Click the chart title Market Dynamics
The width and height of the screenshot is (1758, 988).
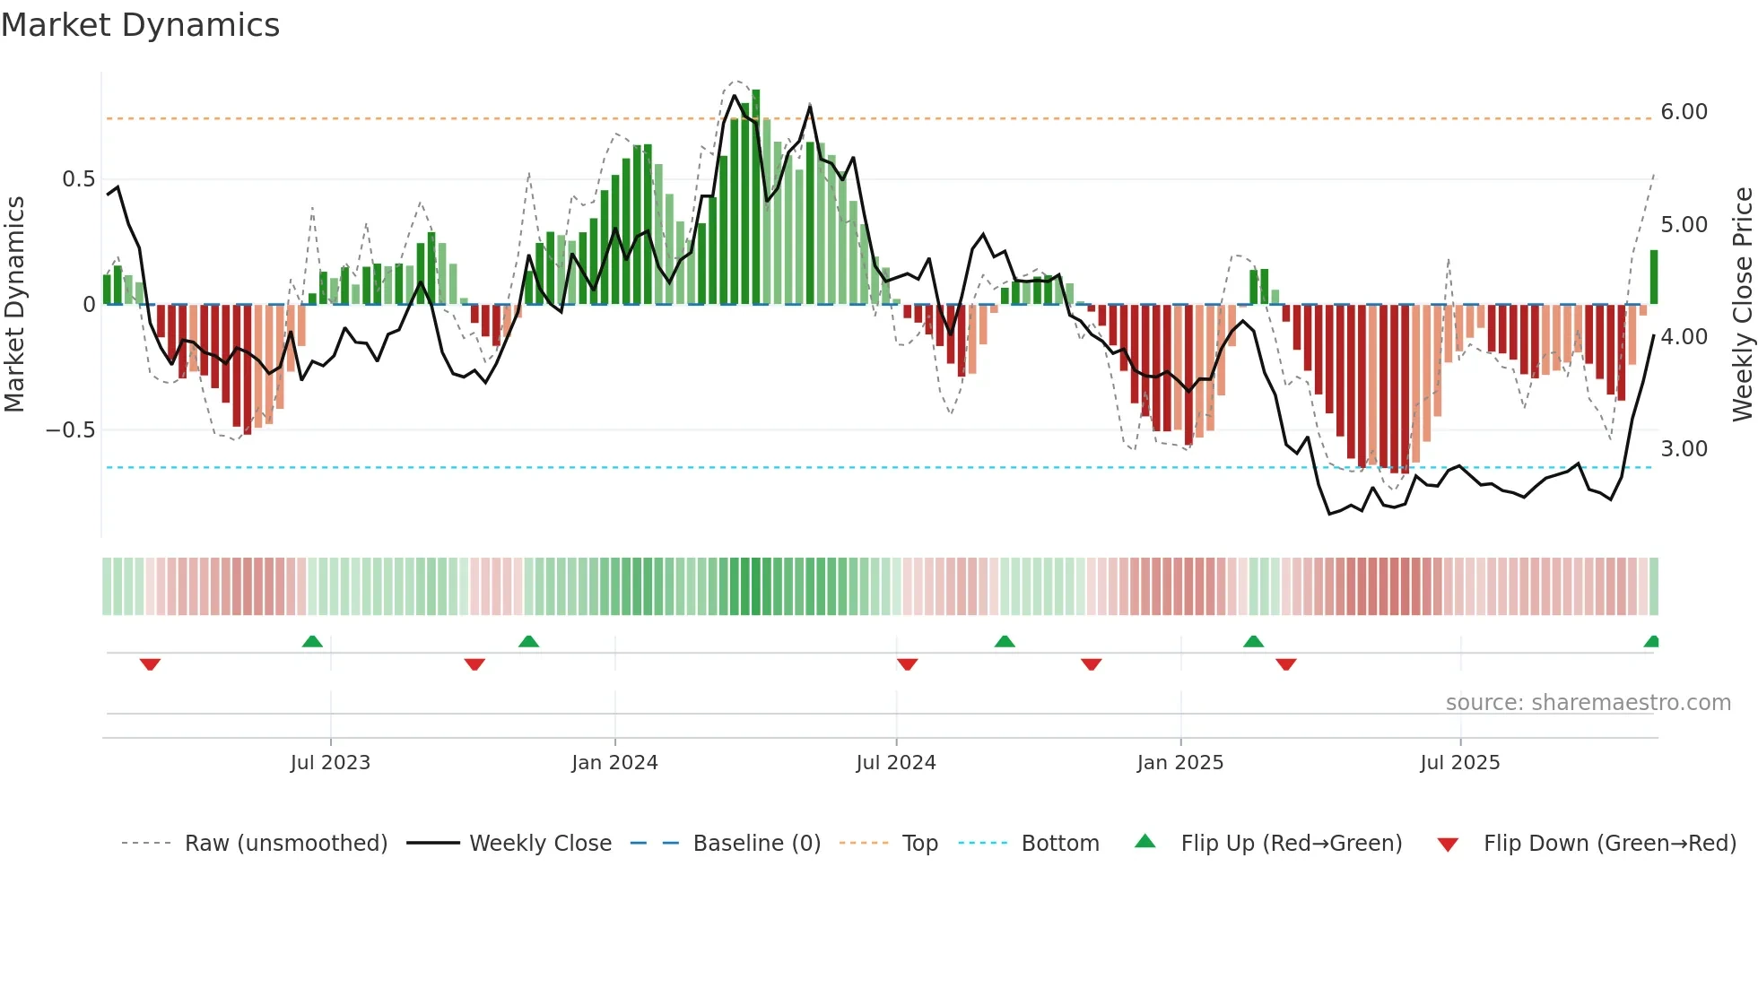point(141,25)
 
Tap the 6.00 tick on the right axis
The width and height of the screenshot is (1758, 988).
point(1684,112)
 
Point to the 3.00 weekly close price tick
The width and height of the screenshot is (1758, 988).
point(1684,449)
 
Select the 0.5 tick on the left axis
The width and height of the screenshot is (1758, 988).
point(78,179)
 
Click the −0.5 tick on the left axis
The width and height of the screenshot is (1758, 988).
point(70,430)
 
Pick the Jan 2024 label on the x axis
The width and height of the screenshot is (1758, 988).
point(614,763)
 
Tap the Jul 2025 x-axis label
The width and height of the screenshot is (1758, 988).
point(1459,763)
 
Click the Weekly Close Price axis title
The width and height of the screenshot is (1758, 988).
point(1742,304)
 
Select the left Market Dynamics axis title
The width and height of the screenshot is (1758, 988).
point(14,304)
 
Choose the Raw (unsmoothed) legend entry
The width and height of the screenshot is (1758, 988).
point(285,844)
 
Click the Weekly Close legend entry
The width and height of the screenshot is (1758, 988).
point(540,844)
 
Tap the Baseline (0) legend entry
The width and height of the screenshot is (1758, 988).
point(756,844)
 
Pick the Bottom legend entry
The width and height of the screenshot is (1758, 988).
point(1059,844)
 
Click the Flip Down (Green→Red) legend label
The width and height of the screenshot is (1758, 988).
point(1609,844)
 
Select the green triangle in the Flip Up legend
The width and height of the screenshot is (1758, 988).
point(1145,841)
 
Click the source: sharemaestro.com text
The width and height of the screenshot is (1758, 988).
point(1588,703)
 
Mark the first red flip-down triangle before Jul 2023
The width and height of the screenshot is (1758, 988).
point(150,664)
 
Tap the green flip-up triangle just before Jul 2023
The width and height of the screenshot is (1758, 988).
point(312,641)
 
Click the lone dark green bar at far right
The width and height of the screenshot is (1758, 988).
point(1653,277)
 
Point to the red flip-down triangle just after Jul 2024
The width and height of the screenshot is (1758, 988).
point(907,664)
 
